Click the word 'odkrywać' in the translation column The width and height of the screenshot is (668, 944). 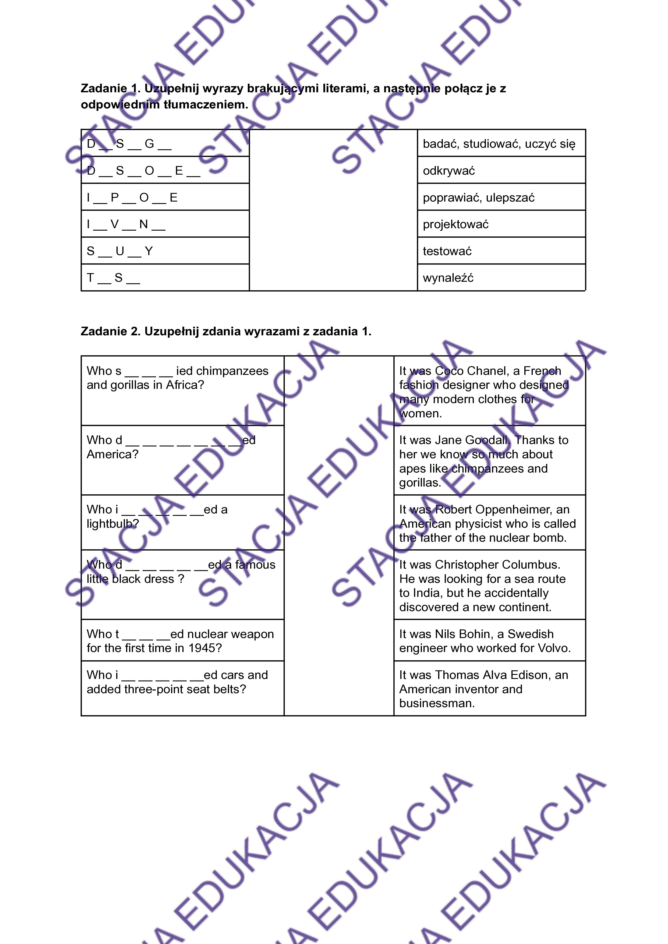[x=449, y=171]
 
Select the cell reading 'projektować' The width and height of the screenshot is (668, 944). [x=455, y=224]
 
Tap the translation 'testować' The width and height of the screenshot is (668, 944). [x=447, y=251]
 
